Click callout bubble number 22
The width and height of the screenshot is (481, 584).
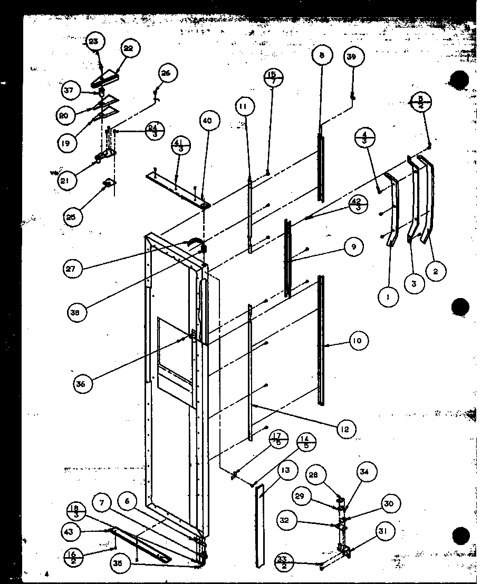click(128, 48)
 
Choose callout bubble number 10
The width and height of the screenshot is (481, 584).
click(358, 341)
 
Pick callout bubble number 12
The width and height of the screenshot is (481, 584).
click(344, 429)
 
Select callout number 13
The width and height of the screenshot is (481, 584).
click(285, 470)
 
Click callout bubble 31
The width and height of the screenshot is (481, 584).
click(383, 532)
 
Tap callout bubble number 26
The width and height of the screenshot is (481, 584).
click(166, 73)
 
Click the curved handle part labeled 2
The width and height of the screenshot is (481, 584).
click(430, 200)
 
